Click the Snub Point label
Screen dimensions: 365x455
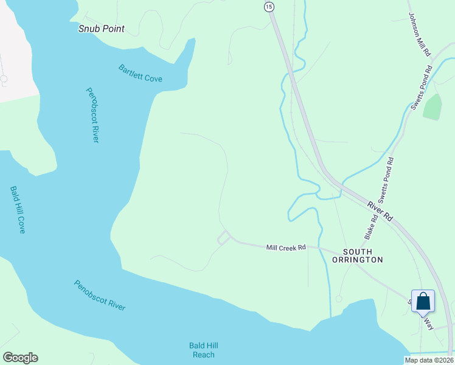pos(102,29)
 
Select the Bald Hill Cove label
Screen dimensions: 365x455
pos(18,209)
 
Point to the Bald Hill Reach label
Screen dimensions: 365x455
pos(202,350)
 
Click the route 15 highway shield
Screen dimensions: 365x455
pos(269,6)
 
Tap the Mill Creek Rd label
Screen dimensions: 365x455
pos(285,248)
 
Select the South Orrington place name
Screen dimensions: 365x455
pos(358,255)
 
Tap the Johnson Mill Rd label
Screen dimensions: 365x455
pos(419,35)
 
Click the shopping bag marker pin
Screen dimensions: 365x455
pos(423,301)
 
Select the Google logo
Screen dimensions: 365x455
pos(20,358)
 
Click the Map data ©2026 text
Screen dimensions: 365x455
pos(429,360)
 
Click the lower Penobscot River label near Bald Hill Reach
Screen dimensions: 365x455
pos(100,295)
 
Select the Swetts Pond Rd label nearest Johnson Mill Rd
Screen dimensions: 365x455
pos(422,86)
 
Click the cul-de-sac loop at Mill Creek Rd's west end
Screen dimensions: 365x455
pos(223,238)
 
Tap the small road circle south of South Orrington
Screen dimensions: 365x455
pos(339,299)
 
